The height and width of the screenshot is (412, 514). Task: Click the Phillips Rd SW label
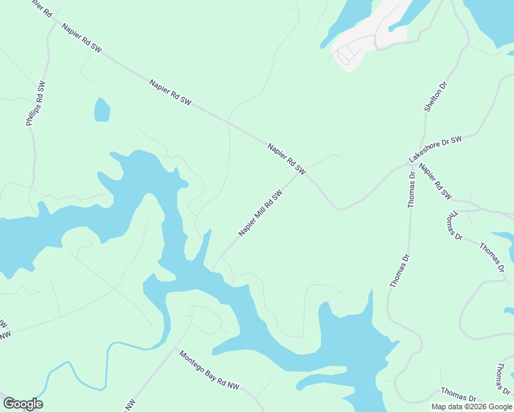pos(35,104)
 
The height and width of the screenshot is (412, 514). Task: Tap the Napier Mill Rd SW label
pos(260,214)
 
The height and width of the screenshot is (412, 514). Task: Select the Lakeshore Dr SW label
pos(436,149)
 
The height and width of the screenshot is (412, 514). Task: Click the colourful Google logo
pos(23,404)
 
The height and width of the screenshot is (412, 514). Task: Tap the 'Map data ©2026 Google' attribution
pos(471,407)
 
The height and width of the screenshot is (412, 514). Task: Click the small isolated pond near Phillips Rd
pos(102,109)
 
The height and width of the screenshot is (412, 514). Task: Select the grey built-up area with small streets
pos(364,41)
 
